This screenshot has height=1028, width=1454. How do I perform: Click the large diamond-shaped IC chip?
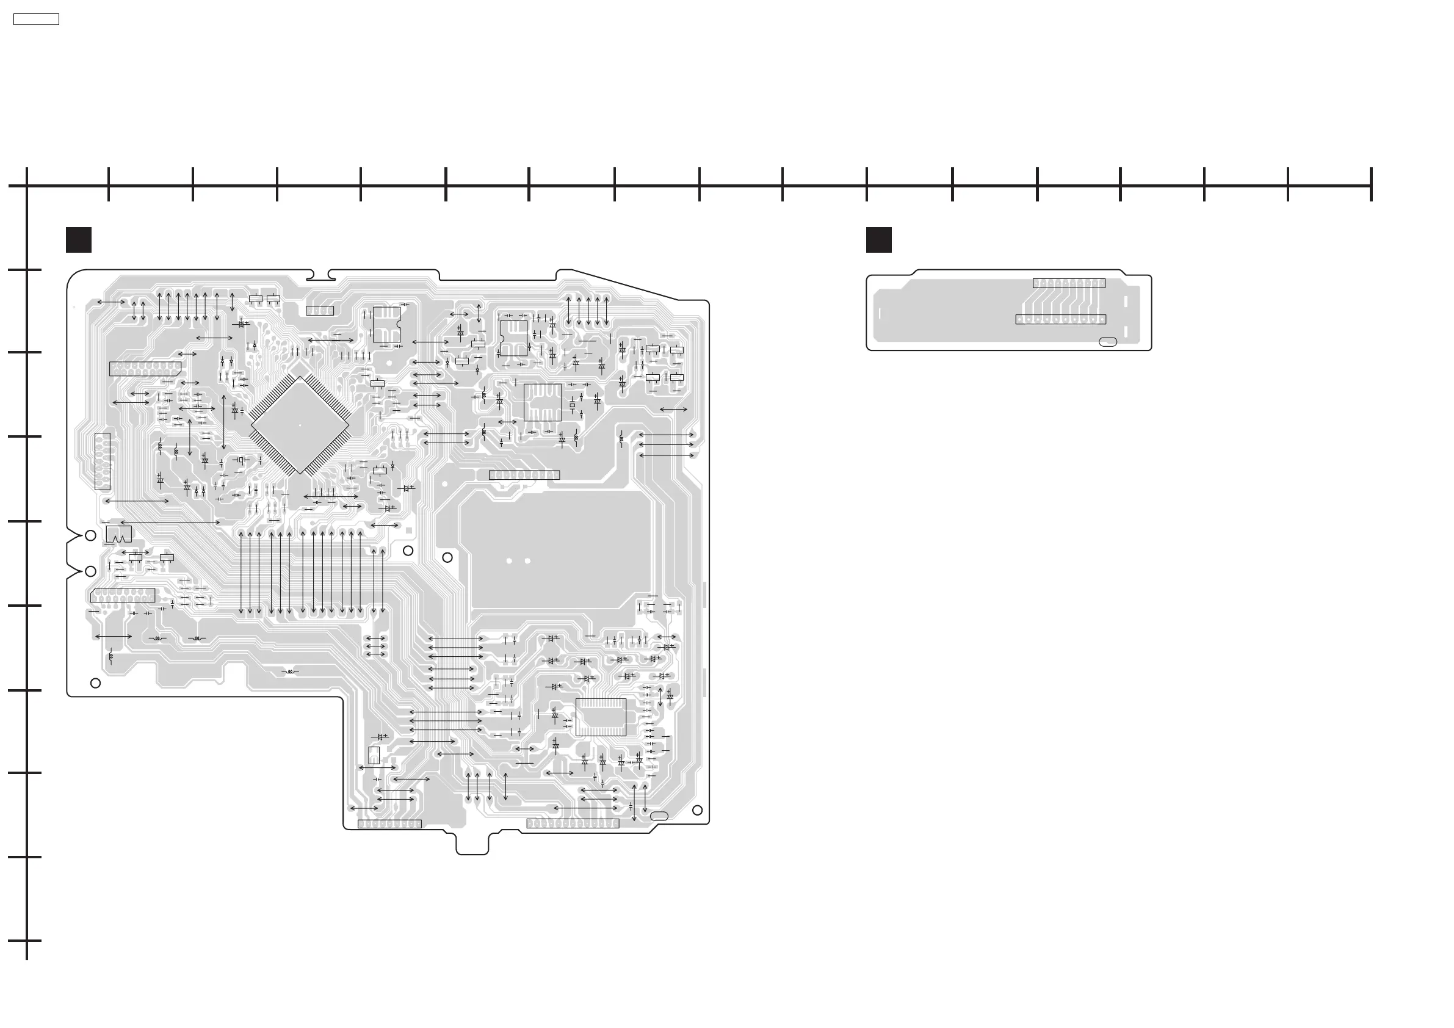(300, 424)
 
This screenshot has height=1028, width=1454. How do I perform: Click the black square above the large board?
(79, 240)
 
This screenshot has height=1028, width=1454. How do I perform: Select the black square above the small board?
(879, 240)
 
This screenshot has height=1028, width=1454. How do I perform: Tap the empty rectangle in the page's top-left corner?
(36, 20)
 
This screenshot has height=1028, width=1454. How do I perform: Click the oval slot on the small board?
(1108, 342)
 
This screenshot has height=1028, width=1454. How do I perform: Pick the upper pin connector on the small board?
(1069, 283)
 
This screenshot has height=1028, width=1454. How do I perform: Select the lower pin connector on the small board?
(1061, 319)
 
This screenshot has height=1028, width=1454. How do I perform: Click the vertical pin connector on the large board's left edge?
(102, 462)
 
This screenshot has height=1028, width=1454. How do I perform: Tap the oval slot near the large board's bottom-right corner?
(659, 816)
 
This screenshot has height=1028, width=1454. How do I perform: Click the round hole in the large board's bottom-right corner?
(697, 810)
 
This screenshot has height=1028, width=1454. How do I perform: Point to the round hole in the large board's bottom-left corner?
(96, 683)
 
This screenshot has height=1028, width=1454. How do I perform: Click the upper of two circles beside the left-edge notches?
(90, 535)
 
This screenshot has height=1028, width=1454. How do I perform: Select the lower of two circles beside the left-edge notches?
(90, 571)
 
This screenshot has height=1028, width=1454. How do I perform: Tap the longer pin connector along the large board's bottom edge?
(573, 823)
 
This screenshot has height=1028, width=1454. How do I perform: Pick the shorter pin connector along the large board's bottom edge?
(389, 823)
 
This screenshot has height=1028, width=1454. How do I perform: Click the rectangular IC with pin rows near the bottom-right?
(601, 717)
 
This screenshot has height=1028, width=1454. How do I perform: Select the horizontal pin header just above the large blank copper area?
(524, 475)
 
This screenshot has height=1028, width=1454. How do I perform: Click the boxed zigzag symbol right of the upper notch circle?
(119, 534)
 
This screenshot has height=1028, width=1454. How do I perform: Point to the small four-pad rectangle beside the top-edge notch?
(320, 310)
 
